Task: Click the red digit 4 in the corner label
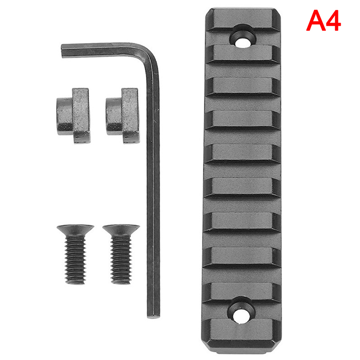click(x=333, y=21)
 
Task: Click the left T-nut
click(x=73, y=116)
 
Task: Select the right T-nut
click(x=123, y=116)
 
